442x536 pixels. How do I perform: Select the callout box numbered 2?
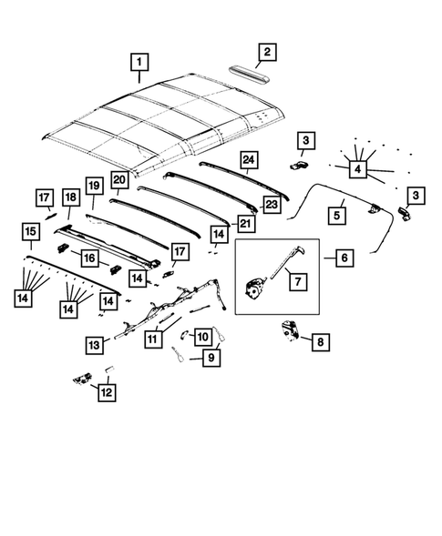265,52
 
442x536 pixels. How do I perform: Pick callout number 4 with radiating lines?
357,168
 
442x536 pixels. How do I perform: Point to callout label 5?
337,215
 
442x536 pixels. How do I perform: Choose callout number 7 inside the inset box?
297,281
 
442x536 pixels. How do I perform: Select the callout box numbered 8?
322,343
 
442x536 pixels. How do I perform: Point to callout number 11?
108,392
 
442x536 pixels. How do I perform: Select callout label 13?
30,234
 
